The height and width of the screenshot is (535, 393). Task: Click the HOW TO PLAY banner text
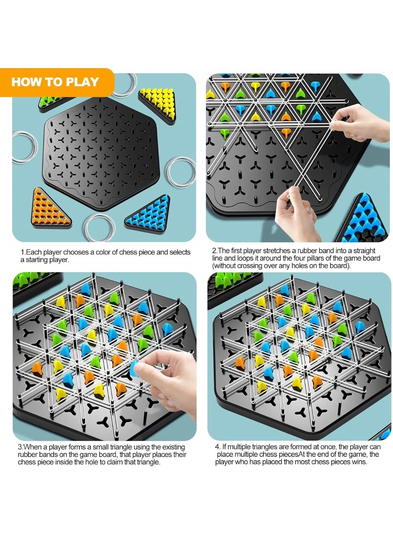pos(55,82)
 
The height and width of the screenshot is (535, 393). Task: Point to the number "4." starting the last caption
pos(218,447)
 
